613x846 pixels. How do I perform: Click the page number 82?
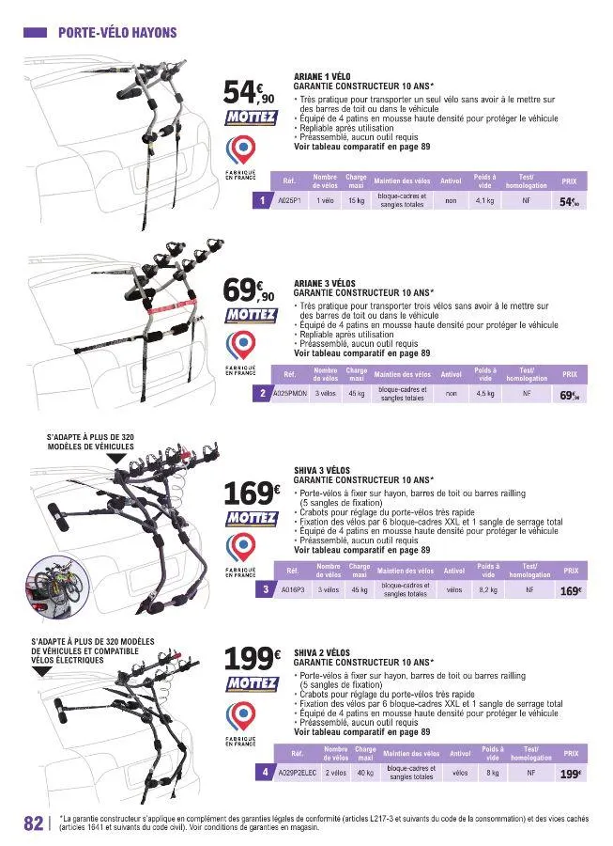point(32,822)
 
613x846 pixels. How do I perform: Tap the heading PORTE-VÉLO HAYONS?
point(116,32)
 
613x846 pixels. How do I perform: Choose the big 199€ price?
point(252,658)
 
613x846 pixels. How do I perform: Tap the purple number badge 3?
point(268,590)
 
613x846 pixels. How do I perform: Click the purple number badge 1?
point(267,201)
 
